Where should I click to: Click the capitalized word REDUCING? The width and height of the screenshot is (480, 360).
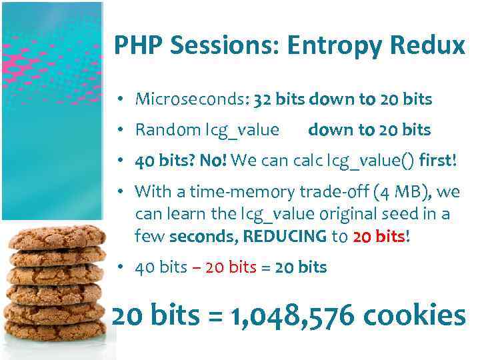[x=285, y=236]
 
